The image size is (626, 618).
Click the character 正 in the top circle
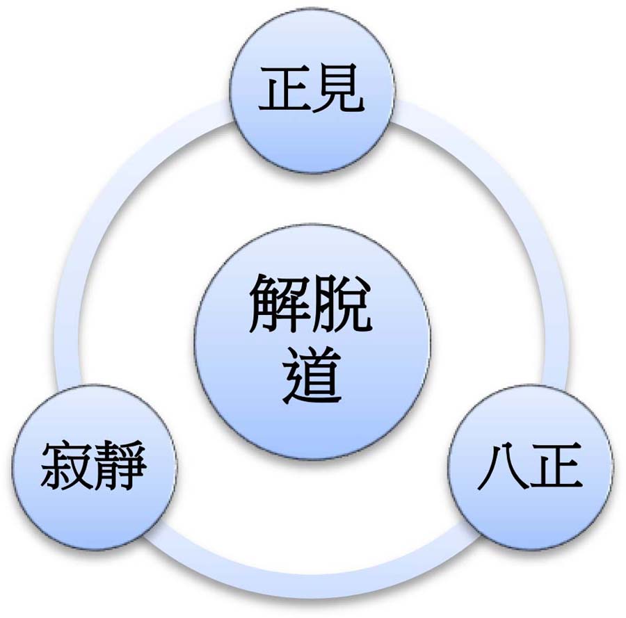point(284,89)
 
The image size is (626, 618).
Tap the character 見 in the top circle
point(339,89)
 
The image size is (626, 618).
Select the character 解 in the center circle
point(279,304)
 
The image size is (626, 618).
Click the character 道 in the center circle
point(312,375)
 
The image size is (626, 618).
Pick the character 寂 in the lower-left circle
point(65,466)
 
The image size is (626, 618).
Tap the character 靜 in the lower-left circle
point(119,466)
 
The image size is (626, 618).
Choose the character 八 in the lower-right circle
point(503,466)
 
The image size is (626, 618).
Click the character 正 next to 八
point(556,466)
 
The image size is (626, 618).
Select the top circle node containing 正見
point(312,90)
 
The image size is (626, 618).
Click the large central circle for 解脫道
point(312,342)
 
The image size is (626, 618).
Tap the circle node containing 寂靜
point(94,467)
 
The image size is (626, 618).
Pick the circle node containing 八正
point(531,467)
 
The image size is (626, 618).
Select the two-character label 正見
point(312,89)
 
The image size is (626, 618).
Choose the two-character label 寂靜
point(93,466)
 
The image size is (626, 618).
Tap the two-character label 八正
point(530,466)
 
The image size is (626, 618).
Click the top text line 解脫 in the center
point(311,304)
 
